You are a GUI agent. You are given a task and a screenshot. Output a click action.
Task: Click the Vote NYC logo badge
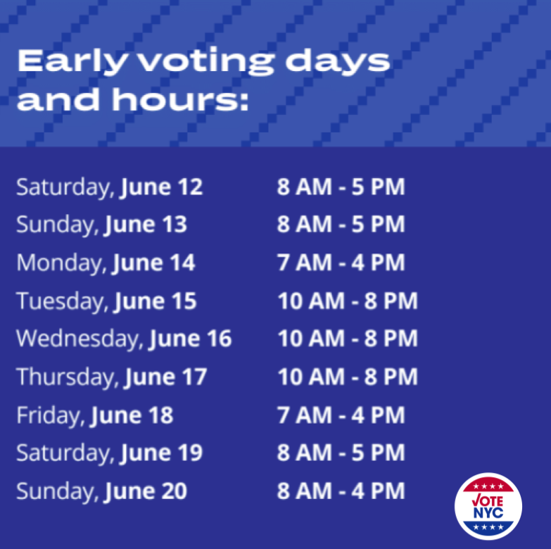point(488,505)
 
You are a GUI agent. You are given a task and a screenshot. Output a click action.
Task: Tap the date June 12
point(161,187)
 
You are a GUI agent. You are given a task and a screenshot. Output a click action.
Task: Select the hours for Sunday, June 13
point(341,225)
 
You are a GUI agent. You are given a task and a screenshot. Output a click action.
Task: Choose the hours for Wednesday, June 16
point(347,339)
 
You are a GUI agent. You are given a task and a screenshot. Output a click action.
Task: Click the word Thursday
point(68,377)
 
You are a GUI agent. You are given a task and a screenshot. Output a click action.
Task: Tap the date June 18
point(132,415)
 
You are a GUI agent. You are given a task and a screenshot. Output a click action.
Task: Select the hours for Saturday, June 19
point(341,453)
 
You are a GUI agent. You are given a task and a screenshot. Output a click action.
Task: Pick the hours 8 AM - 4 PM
point(341,491)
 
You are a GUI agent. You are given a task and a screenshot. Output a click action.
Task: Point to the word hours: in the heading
point(179,101)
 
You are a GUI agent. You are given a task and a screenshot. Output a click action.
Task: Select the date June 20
point(146,491)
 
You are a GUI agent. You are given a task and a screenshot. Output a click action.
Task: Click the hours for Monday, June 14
point(341,263)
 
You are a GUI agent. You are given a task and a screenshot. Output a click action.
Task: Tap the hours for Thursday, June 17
point(347,377)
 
